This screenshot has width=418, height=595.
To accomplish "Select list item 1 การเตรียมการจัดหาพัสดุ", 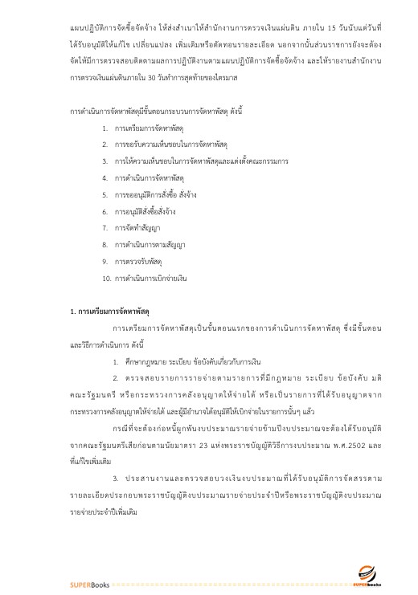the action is (x=143, y=128).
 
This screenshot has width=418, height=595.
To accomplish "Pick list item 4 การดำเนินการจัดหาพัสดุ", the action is (x=144, y=177).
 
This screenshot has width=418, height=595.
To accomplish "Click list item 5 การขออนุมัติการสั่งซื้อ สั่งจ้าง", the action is (x=150, y=194).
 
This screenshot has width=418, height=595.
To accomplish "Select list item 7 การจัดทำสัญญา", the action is (x=132, y=227).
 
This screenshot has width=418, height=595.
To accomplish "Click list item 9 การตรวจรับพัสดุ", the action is (x=133, y=261).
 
